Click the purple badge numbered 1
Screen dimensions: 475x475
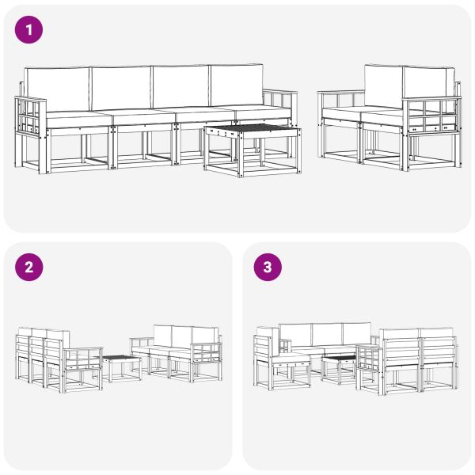click(29, 31)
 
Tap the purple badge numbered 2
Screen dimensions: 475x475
click(29, 268)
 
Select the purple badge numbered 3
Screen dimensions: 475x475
click(268, 268)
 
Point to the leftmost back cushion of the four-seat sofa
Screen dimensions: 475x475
click(57, 88)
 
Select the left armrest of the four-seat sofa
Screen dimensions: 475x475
click(30, 119)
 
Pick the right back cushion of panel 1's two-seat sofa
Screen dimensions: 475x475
click(428, 83)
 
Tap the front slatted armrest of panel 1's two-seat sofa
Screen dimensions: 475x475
click(431, 115)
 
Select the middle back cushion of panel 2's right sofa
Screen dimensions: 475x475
click(180, 334)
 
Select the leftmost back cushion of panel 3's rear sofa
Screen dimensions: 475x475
click(294, 334)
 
